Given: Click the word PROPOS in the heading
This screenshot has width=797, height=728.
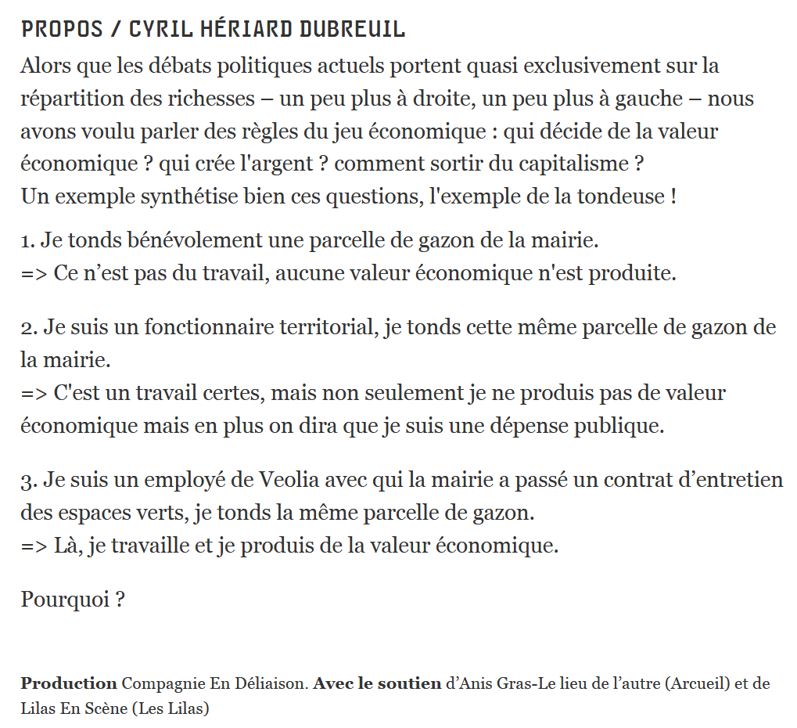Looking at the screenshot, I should tap(62, 30).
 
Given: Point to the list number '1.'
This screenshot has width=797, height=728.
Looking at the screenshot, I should tap(27, 240).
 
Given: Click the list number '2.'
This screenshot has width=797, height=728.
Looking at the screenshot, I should tap(29, 326).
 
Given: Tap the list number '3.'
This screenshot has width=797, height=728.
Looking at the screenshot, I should tap(29, 479).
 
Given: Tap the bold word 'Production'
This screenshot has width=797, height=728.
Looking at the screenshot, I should tap(69, 683).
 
